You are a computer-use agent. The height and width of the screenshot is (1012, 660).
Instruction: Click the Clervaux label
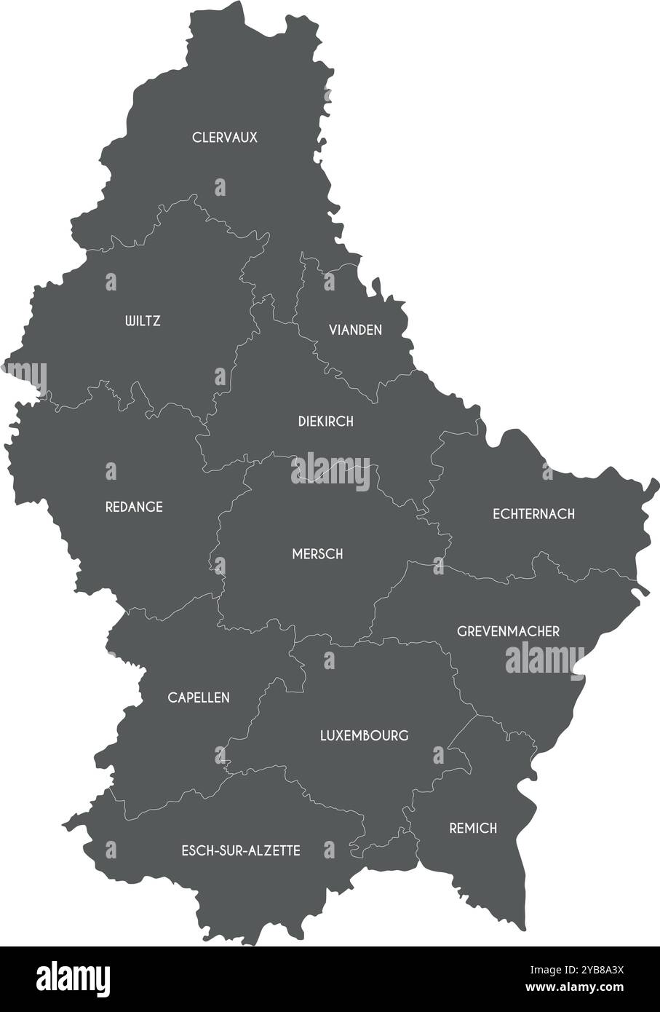coord(224,137)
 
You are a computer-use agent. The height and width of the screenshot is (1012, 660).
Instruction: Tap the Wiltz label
coord(143,320)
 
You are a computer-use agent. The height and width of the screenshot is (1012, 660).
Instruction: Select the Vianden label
coord(355,330)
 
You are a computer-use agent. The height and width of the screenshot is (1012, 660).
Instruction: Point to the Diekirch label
coord(325,421)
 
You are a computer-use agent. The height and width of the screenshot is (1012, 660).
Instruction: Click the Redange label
coord(134,507)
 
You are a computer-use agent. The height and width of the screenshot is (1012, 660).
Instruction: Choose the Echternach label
coord(533,514)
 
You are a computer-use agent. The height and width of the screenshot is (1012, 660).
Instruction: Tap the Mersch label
coord(317,554)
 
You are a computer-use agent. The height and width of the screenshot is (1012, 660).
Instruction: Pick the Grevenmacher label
coord(508,631)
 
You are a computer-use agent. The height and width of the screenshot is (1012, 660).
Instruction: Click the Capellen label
coord(199,697)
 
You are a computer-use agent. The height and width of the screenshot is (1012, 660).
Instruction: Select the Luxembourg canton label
coord(364,735)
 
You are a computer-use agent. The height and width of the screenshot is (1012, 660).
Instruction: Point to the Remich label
coord(473,828)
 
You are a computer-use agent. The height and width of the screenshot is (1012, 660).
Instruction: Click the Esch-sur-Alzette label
coord(240,850)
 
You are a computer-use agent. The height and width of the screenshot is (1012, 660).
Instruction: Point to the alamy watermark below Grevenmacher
coord(545,659)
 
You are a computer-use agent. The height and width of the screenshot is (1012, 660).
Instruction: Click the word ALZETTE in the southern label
coord(275,850)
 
